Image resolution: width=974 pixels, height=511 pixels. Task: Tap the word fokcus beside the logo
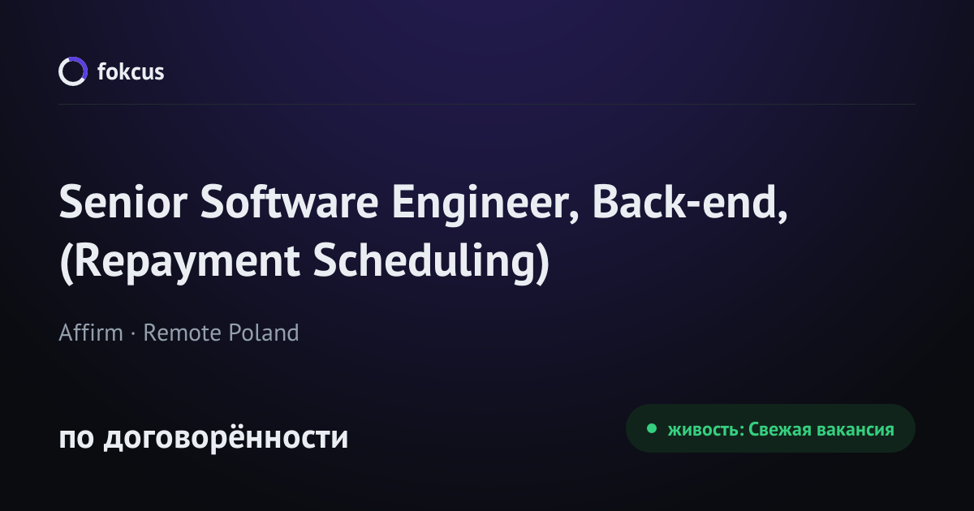click(x=131, y=71)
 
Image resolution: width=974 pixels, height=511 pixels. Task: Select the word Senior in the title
click(x=123, y=202)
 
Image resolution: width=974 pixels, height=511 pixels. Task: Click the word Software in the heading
click(x=289, y=201)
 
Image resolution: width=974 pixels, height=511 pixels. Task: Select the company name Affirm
click(x=91, y=333)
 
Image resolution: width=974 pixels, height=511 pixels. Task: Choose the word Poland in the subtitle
click(x=264, y=333)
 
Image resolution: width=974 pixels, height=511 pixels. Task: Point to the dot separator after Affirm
click(x=133, y=333)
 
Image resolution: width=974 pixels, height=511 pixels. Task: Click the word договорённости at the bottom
click(x=226, y=437)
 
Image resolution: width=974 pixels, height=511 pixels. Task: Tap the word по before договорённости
click(x=76, y=438)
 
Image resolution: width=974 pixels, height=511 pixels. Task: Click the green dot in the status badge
click(x=651, y=428)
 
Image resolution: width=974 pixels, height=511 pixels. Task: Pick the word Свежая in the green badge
click(x=780, y=429)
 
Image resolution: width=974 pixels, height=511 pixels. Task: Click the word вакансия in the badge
click(x=855, y=430)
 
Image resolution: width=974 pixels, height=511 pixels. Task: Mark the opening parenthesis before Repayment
click(x=66, y=264)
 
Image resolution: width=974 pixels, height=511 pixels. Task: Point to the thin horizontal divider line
click(x=487, y=105)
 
